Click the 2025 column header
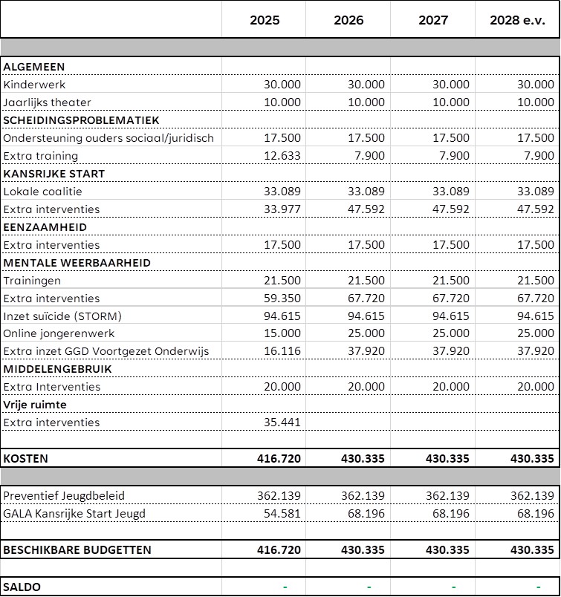(265, 20)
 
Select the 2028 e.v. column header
(517, 20)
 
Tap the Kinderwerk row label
(34, 85)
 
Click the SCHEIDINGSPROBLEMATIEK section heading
(81, 120)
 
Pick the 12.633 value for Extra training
(282, 156)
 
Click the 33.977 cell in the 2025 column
(282, 209)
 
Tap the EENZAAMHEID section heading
(45, 227)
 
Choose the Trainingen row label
(32, 281)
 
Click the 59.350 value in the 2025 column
(282, 298)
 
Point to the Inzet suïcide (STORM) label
(62, 316)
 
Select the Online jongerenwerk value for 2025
(282, 334)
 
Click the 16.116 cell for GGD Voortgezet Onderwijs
(282, 351)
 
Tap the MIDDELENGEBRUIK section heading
(57, 369)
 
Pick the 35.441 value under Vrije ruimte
(282, 423)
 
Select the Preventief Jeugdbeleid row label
(64, 496)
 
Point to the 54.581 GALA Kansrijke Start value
(282, 514)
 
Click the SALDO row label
(22, 587)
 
